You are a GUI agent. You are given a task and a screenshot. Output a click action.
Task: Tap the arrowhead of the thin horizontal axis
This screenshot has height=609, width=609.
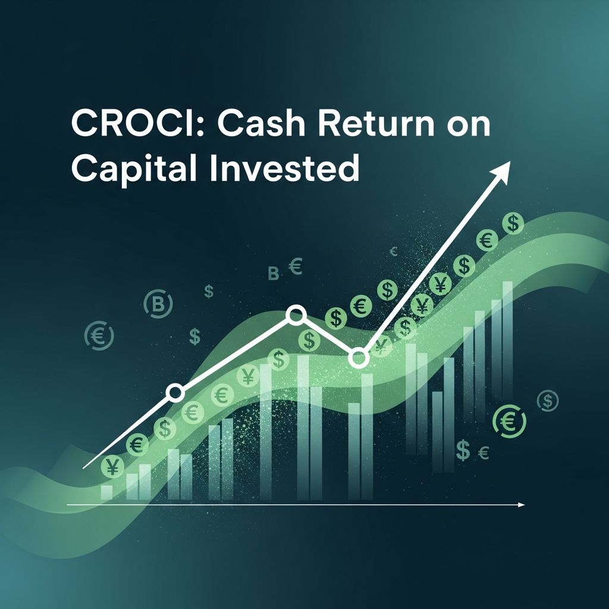click(522, 505)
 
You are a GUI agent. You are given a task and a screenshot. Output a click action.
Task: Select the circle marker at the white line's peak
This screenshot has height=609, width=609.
click(295, 314)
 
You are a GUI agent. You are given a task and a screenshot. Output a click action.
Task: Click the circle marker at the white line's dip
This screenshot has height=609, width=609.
click(358, 357)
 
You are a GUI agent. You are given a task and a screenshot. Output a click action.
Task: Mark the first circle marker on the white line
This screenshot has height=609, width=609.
click(175, 392)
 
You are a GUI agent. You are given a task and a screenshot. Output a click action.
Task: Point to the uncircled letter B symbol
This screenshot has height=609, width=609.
click(274, 274)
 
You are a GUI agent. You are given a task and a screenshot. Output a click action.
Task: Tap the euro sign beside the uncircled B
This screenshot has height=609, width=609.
click(295, 266)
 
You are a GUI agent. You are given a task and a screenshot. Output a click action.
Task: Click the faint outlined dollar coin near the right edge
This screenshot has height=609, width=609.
click(548, 401)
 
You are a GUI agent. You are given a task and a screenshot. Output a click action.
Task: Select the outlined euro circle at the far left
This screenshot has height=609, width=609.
click(99, 335)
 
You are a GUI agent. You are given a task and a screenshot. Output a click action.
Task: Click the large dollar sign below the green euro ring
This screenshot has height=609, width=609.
click(463, 451)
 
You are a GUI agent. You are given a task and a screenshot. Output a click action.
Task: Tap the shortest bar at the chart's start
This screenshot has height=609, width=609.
click(106, 492)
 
